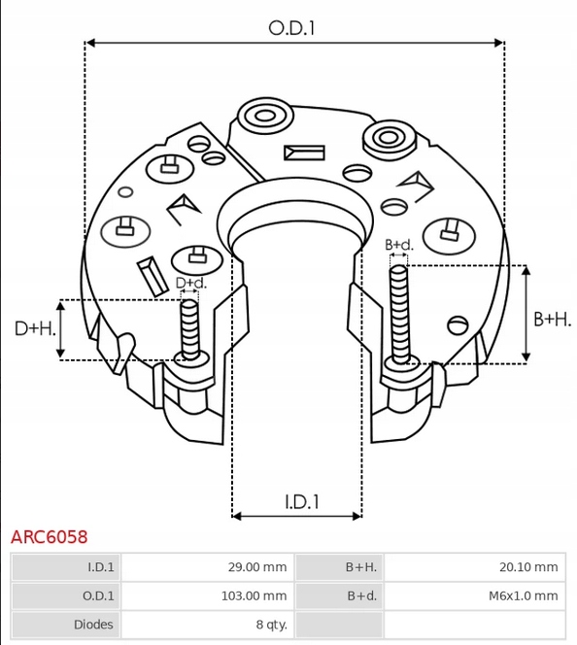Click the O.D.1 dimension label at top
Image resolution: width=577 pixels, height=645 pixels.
(292, 28)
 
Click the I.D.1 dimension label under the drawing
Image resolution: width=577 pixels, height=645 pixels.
(303, 501)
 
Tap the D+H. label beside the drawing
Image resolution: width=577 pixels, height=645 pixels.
(34, 328)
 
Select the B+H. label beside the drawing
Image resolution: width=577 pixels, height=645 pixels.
(551, 319)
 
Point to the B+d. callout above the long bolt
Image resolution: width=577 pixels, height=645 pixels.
(398, 245)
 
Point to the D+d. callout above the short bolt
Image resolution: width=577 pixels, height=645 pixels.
(190, 283)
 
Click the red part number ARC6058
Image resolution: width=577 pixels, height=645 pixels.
(49, 536)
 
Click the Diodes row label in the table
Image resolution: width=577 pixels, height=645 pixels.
(94, 625)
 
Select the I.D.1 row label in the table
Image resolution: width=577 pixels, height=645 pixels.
(100, 567)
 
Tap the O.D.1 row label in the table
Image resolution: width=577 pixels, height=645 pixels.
(98, 595)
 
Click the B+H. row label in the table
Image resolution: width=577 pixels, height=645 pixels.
(360, 567)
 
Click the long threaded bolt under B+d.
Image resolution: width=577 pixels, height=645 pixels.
(398, 311)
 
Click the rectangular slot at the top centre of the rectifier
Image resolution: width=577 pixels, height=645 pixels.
(304, 153)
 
